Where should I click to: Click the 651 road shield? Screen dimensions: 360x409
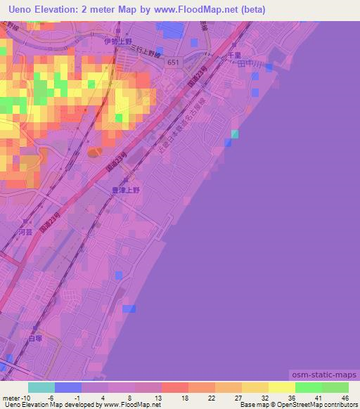[x=174, y=63]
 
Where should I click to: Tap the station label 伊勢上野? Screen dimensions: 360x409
[x=117, y=41]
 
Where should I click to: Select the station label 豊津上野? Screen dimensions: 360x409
[x=127, y=190]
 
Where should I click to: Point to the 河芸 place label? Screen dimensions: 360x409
[x=25, y=231]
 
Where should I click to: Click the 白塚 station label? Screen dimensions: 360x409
[x=36, y=338]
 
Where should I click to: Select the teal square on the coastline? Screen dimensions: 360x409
[x=235, y=134]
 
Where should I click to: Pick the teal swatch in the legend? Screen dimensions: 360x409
[x=41, y=387]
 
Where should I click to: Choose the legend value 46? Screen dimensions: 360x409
[x=345, y=398]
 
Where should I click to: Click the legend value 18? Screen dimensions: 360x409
[x=184, y=398]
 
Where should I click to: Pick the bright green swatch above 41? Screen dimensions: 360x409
[x=309, y=387]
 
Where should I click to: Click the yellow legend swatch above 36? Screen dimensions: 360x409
[x=282, y=387]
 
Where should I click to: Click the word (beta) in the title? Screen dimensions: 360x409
[x=250, y=10]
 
